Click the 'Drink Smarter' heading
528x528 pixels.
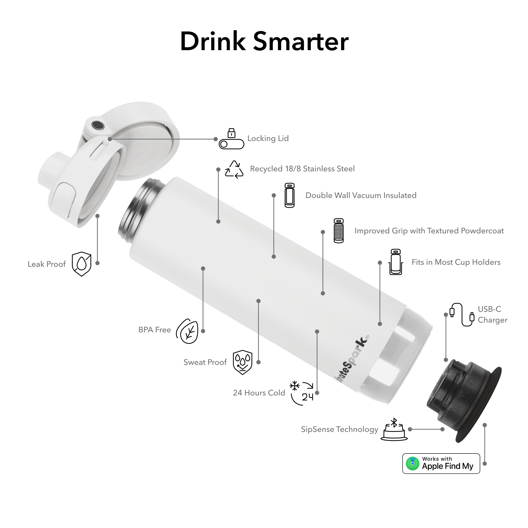point(264,41)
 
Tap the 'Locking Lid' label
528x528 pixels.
point(268,139)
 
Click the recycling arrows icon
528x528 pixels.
point(234,169)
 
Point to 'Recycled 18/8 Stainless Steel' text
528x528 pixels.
point(302,169)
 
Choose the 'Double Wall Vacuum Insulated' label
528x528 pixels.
point(361,195)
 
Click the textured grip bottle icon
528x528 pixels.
point(339,231)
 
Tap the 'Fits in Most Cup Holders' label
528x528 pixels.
point(456,262)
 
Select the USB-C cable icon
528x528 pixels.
point(462,315)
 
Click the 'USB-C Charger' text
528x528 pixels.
point(492,315)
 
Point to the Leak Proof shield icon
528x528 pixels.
point(81,264)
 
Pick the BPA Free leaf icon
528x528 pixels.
point(187,331)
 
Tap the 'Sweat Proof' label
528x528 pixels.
point(205,362)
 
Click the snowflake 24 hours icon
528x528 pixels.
point(302,393)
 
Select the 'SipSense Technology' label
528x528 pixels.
point(340,429)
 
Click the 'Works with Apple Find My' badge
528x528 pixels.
point(441,464)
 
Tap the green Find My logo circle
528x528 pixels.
point(413,464)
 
